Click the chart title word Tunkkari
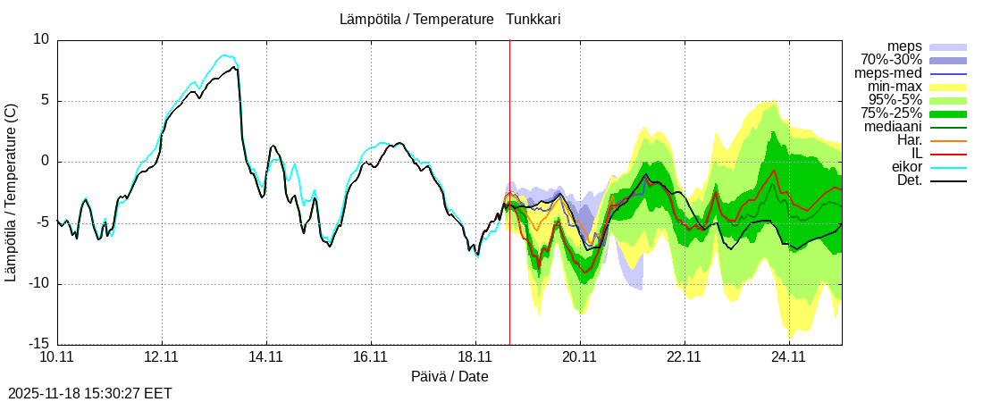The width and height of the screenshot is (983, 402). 534,19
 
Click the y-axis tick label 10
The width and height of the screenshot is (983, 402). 42,39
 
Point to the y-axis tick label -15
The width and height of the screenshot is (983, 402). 38,345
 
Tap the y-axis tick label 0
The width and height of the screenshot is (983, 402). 46,162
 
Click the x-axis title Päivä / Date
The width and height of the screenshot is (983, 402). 449,377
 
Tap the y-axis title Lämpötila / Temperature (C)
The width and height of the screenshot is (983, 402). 11,192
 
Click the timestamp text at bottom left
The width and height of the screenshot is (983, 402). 89,393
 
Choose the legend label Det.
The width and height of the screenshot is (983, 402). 909,180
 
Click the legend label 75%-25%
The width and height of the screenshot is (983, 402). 891,113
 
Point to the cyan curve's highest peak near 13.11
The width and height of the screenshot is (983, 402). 225,55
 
